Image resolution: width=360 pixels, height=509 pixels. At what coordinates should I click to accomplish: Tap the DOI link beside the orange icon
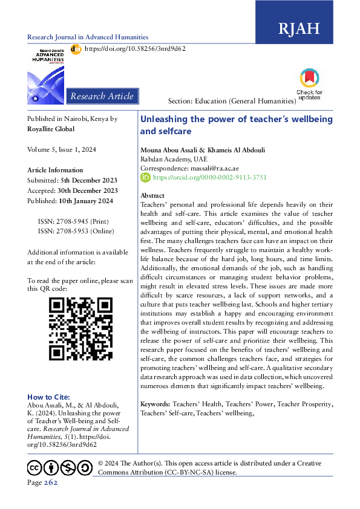coord(134,48)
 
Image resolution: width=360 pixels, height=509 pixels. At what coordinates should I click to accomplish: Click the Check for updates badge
coord(309,84)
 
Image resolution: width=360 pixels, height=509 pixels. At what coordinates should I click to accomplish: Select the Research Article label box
coord(102,96)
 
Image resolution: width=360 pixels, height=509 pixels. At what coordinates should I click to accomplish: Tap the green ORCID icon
coord(145,178)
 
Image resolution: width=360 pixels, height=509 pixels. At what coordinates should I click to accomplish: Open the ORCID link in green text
coord(209,178)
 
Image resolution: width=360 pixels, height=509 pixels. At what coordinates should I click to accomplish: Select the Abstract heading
coord(152,196)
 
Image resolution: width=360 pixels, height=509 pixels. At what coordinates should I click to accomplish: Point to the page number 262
coord(50,482)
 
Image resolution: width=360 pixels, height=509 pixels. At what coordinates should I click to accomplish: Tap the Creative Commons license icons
coord(59,467)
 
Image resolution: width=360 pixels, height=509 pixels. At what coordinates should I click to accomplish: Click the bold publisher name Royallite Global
coord(51,129)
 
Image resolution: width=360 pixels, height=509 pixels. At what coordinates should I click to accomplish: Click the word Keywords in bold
coord(155,403)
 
